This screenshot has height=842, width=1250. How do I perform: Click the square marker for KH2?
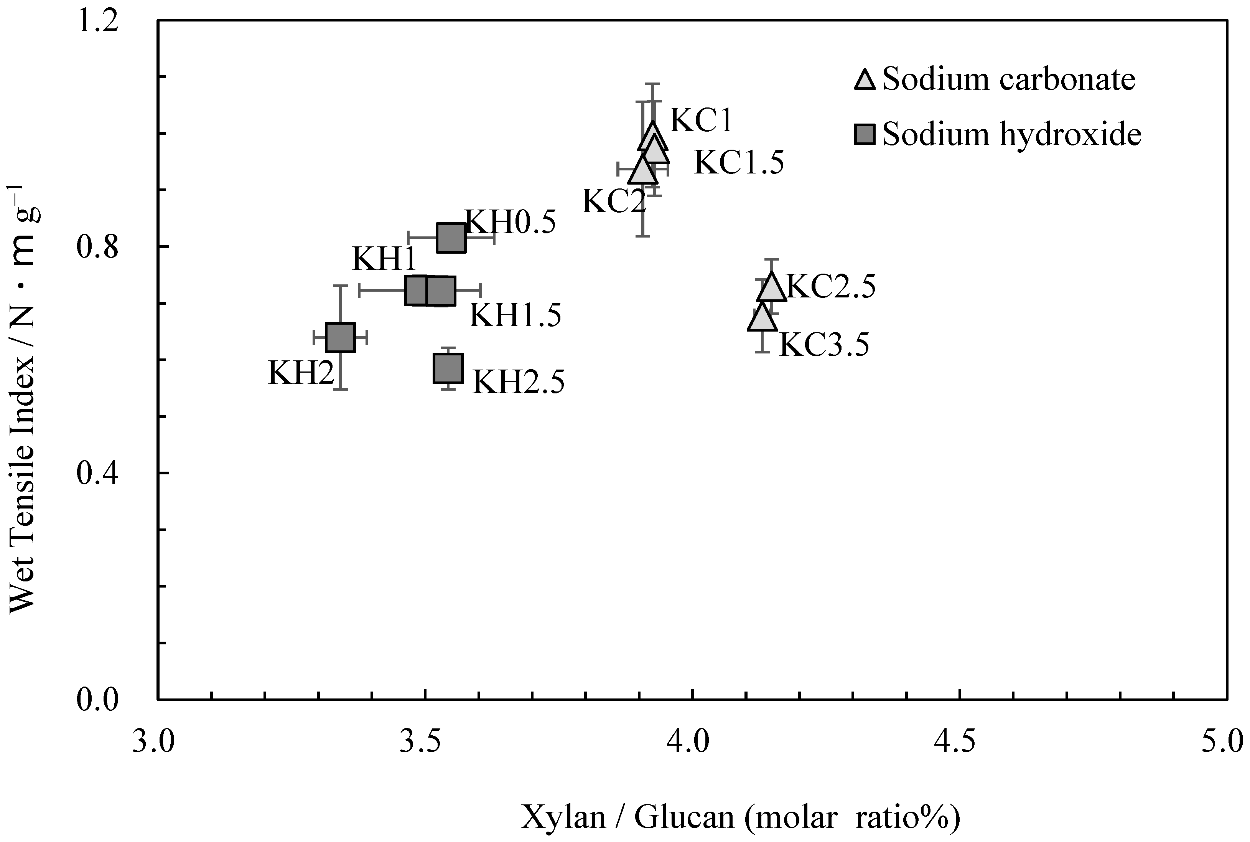(340, 337)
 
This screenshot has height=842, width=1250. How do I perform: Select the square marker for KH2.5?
(448, 368)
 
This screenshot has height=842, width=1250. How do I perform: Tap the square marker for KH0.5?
(451, 237)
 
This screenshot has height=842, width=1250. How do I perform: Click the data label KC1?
(701, 120)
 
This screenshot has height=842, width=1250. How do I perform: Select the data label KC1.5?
(738, 162)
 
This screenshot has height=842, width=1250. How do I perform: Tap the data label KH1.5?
(515, 315)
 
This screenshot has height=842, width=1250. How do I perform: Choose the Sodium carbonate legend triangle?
(865, 79)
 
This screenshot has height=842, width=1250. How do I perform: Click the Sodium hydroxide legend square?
(865, 134)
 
